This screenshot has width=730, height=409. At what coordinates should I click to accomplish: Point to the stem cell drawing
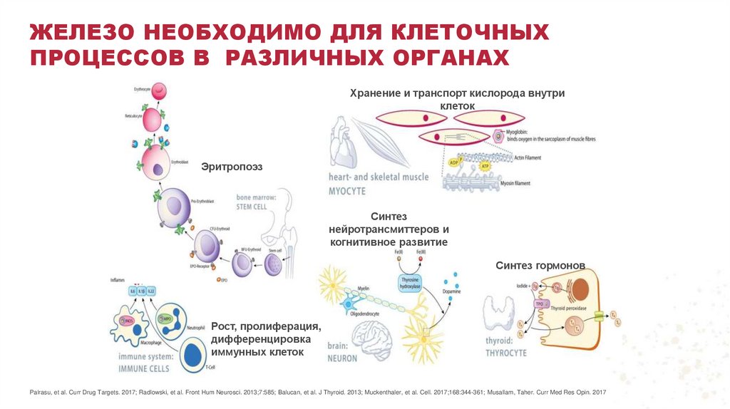tap(274, 264)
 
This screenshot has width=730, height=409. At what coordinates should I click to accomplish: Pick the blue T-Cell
tap(191, 354)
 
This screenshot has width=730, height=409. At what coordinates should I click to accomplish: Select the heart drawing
tap(346, 146)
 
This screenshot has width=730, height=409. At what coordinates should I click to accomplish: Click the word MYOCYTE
tap(348, 192)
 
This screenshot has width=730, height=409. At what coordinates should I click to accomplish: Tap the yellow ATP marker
tap(485, 166)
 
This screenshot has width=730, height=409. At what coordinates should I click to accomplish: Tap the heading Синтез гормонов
tap(540, 266)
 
